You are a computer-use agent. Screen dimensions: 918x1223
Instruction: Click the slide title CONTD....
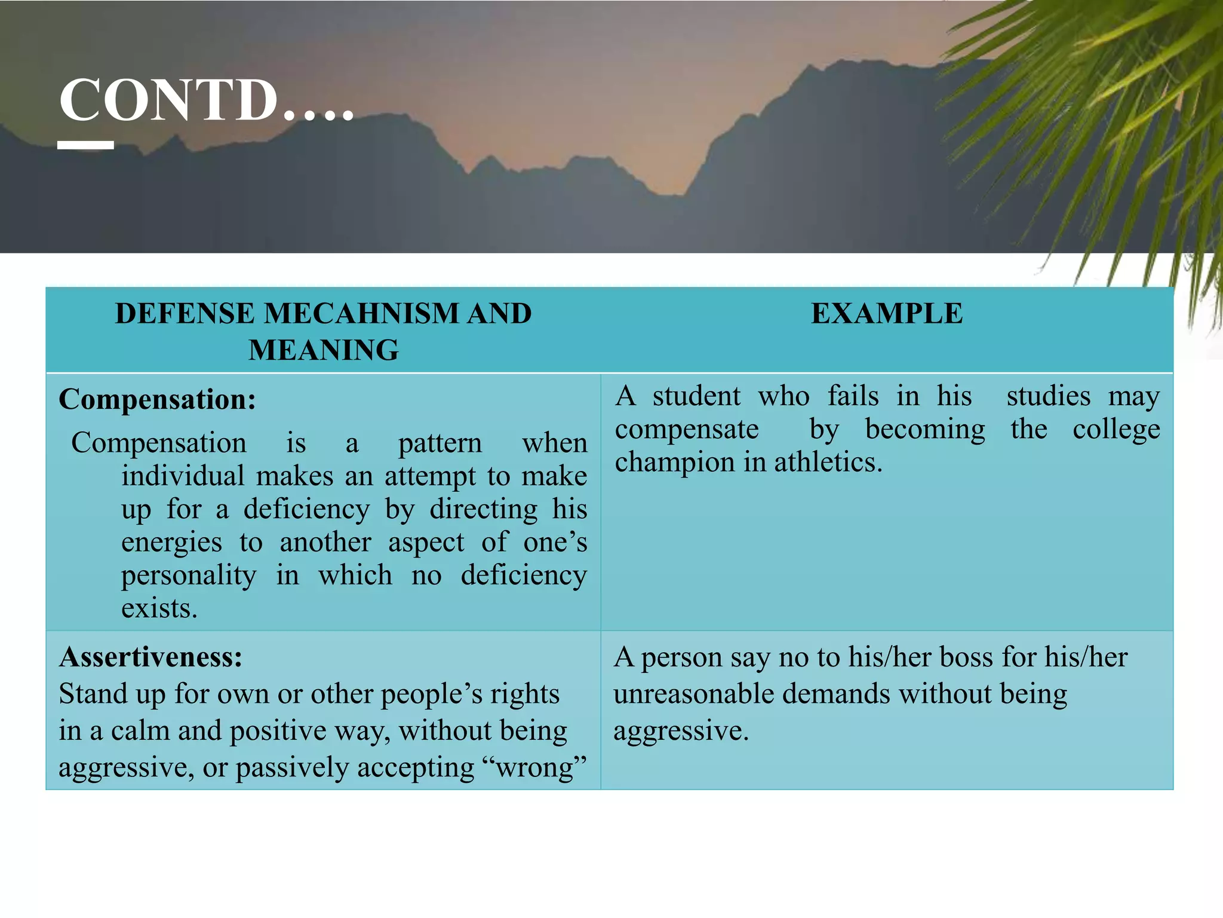pyautogui.click(x=206, y=100)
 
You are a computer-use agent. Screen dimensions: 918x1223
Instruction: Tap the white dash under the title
pyautogui.click(x=85, y=145)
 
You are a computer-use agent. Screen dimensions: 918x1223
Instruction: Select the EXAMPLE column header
pyautogui.click(x=886, y=314)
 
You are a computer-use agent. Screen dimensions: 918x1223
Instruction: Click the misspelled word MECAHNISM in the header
pyautogui.click(x=361, y=314)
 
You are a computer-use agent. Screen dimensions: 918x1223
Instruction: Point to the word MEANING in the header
pyautogui.click(x=324, y=350)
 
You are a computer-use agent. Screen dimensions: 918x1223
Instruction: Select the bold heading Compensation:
pyautogui.click(x=157, y=399)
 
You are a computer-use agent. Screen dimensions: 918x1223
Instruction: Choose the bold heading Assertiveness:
pyautogui.click(x=150, y=657)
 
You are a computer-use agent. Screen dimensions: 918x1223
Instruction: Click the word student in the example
pyautogui.click(x=696, y=396)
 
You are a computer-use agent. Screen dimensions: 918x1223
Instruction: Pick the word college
pyautogui.click(x=1116, y=430)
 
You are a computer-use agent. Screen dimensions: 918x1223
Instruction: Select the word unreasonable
pyautogui.click(x=693, y=694)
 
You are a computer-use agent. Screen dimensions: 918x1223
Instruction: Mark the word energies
pyautogui.click(x=171, y=543)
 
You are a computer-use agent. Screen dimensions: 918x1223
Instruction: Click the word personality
pyautogui.click(x=189, y=576)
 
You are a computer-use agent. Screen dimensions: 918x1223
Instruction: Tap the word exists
pyautogui.click(x=159, y=609)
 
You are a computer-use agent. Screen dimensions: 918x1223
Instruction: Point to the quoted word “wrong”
pyautogui.click(x=539, y=767)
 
